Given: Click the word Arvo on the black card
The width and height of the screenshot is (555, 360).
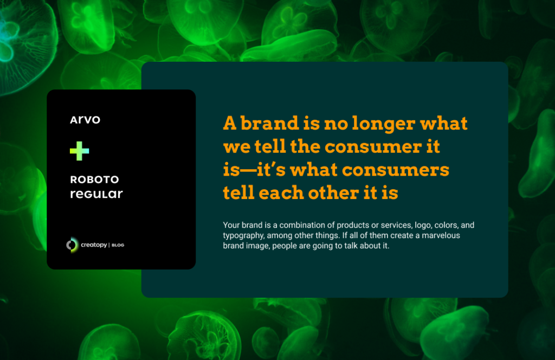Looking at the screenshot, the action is [85, 120].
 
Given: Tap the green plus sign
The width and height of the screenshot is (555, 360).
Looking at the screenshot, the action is [80, 151].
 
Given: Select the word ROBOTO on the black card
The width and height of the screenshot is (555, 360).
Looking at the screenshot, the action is [94, 179].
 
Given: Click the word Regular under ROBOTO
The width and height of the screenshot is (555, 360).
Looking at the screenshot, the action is [96, 194].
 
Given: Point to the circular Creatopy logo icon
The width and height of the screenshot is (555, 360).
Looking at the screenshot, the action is [72, 245].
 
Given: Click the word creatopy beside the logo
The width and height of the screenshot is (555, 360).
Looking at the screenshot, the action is [94, 245].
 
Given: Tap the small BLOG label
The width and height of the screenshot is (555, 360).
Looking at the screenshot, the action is [118, 245].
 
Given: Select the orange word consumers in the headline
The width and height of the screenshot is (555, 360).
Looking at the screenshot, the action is [395, 170].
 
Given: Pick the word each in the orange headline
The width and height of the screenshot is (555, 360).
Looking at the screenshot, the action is [281, 192].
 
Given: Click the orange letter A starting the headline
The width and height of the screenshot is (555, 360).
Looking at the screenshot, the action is [229, 123].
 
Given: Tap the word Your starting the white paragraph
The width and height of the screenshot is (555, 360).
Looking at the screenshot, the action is [231, 225].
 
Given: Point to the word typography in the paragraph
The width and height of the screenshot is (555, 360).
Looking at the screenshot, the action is [243, 236].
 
